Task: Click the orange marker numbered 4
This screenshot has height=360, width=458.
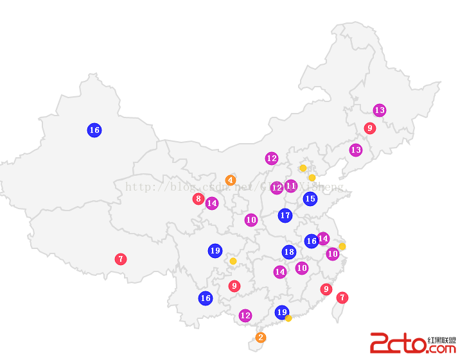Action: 231,180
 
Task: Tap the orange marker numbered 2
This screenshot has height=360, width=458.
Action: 260,338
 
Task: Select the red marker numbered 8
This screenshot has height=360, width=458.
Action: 198,199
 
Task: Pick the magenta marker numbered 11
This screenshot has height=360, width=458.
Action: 291,186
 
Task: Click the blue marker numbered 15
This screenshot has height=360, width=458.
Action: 310,199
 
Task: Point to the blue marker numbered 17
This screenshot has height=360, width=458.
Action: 285,216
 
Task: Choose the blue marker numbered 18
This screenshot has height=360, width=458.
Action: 289,252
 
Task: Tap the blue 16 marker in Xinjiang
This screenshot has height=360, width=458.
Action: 94,130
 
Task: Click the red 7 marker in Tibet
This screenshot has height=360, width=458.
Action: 121,259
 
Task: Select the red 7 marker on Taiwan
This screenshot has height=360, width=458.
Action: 342,298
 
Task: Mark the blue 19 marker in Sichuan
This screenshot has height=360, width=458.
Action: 215,251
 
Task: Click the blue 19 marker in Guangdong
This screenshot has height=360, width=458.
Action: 281,313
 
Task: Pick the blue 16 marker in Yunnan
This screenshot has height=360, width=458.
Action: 206,298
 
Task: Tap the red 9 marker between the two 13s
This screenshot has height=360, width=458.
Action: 369,128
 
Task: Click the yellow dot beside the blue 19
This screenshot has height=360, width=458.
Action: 288,318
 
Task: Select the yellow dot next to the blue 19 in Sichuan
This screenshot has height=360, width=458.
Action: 233,261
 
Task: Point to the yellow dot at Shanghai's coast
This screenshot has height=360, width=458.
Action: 342,246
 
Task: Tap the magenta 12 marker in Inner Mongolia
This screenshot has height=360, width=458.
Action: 272,158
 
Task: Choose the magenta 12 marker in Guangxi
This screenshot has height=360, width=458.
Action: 245,316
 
